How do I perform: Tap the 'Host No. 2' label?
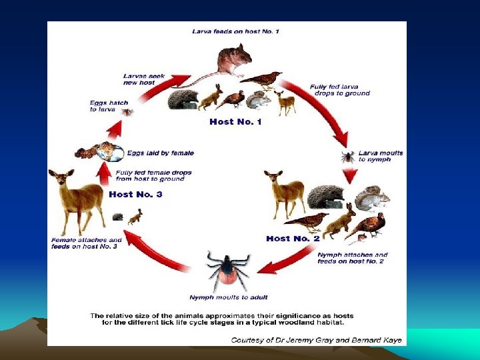(x=287, y=238)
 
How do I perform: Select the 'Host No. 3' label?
(x=135, y=194)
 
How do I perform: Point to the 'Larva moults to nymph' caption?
(x=381, y=156)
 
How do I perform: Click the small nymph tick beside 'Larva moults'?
(x=347, y=157)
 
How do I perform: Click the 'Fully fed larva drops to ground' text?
(x=339, y=89)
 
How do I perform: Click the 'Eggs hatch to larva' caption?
(x=109, y=105)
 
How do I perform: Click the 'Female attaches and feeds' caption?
(x=86, y=243)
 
